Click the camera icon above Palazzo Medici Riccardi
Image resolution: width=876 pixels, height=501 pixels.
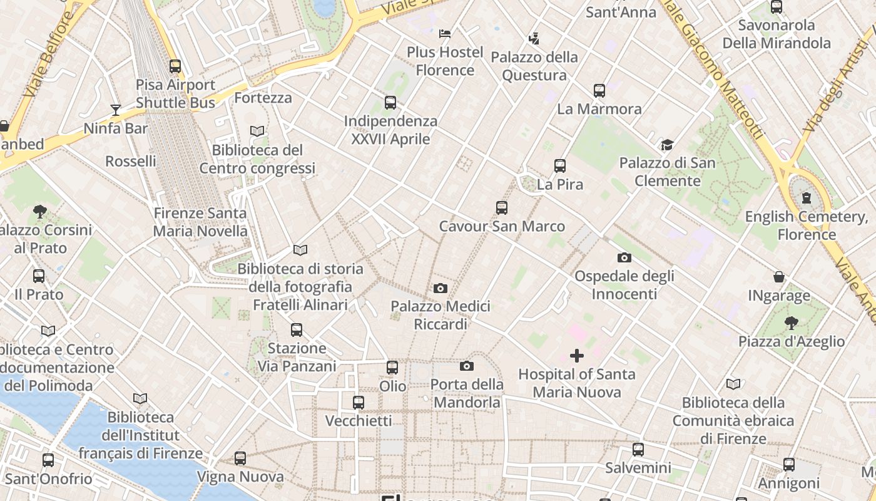[441, 289]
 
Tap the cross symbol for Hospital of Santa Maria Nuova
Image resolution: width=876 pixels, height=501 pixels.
[577, 356]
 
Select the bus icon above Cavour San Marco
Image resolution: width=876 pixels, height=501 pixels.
[502, 208]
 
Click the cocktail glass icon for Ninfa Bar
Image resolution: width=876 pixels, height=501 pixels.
[116, 110]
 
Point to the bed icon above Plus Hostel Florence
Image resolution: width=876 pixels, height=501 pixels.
[445, 33]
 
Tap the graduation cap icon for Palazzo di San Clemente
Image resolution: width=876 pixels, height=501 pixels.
[667, 145]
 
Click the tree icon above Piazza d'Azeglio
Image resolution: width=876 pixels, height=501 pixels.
[792, 323]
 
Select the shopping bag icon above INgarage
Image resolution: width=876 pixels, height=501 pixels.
[779, 277]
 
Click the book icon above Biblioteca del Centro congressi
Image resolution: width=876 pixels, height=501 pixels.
[257, 132]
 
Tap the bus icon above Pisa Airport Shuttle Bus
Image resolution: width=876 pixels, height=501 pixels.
[175, 66]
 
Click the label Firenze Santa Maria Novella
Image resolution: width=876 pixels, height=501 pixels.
[200, 222]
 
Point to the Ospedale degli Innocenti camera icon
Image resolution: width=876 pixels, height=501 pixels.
[624, 258]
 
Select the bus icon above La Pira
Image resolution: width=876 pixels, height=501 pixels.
[560, 167]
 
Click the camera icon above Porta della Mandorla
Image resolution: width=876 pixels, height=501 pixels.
[467, 366]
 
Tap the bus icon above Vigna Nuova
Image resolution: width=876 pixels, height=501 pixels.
[240, 458]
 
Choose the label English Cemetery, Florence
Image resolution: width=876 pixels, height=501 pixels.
[807, 225]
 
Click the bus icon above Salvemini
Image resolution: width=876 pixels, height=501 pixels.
[638, 450]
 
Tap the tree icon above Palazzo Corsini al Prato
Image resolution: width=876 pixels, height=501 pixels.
[41, 212]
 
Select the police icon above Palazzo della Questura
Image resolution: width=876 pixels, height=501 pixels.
[534, 39]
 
